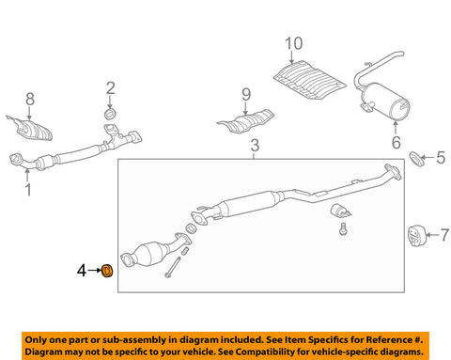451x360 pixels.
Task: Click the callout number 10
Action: click(294, 43)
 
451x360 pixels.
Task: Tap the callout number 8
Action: click(30, 100)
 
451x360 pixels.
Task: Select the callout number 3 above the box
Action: click(255, 146)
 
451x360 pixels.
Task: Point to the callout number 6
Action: click(397, 143)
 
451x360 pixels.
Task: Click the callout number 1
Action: click(28, 190)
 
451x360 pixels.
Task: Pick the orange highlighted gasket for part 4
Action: click(107, 271)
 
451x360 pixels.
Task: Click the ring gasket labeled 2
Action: click(110, 114)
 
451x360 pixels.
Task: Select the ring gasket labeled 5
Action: click(417, 159)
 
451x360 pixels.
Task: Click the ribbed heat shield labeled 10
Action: click(309, 80)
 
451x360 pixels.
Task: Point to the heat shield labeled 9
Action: click(246, 121)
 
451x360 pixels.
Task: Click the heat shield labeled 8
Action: click(30, 129)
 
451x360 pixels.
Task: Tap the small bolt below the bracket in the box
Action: click(343, 228)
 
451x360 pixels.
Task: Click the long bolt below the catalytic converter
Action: click(173, 267)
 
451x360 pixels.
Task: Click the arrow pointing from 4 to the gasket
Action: click(94, 270)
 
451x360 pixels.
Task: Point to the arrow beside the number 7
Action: click(432, 235)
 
